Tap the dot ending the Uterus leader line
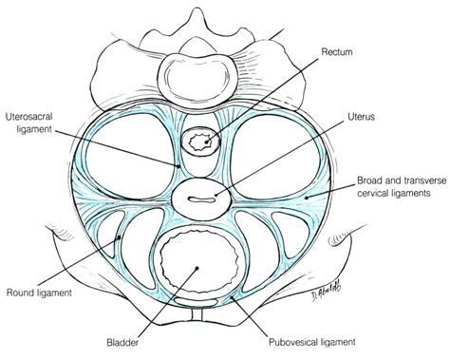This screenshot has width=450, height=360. point(220,198)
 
